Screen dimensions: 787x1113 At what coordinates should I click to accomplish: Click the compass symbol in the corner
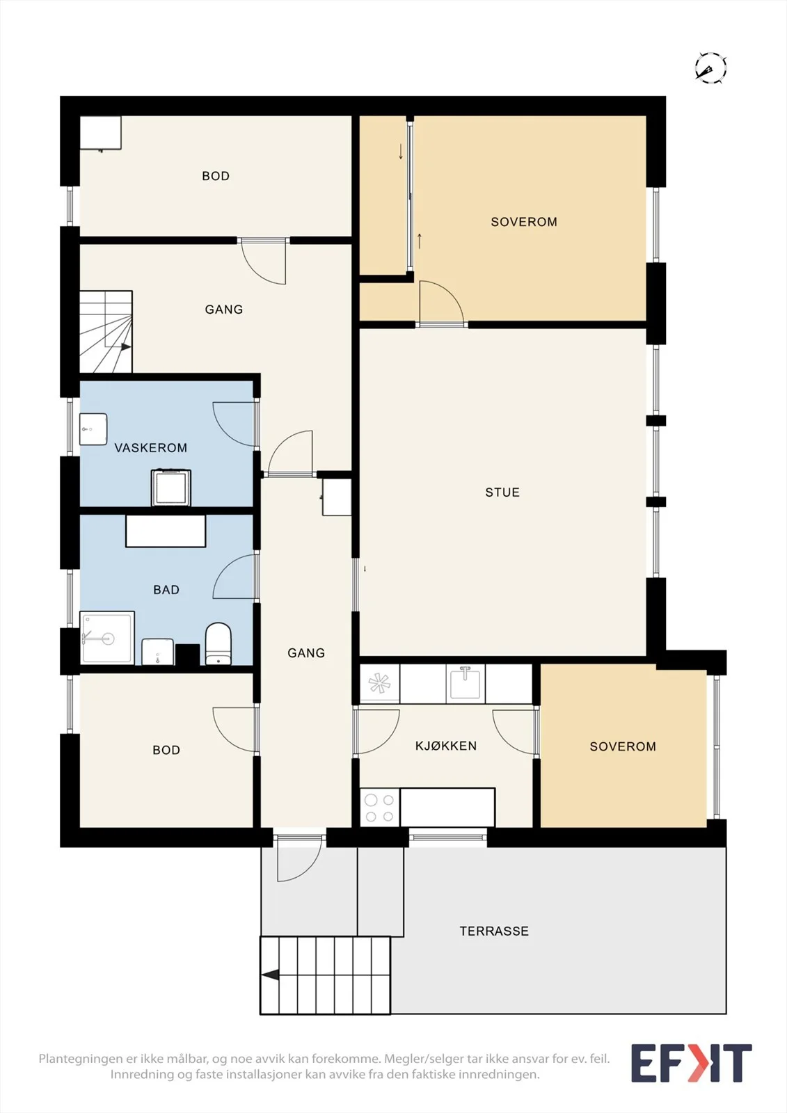(711, 67)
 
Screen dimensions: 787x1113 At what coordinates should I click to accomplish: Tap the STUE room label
(502, 493)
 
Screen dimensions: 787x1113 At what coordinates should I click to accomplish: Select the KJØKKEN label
(446, 746)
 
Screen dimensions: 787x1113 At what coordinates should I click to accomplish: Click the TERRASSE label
(494, 931)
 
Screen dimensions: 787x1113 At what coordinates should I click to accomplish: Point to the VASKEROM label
(150, 448)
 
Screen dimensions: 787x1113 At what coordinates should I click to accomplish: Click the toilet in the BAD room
(218, 643)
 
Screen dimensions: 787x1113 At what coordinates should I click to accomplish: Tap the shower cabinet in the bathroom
(107, 637)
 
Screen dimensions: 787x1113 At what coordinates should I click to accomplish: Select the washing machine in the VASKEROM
(171, 488)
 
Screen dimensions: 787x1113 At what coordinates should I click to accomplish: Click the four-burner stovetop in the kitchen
(380, 808)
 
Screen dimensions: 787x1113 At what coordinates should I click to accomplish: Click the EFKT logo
(691, 1064)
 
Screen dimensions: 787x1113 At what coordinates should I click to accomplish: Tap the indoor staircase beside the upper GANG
(106, 331)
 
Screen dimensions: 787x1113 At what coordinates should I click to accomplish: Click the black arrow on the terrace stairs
(271, 976)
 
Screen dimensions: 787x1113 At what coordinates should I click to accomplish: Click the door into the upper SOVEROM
(441, 303)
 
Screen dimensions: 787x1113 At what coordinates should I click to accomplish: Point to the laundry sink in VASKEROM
(93, 429)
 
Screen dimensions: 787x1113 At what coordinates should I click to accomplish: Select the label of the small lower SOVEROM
(623, 746)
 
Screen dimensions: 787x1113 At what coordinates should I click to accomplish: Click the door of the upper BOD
(264, 261)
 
